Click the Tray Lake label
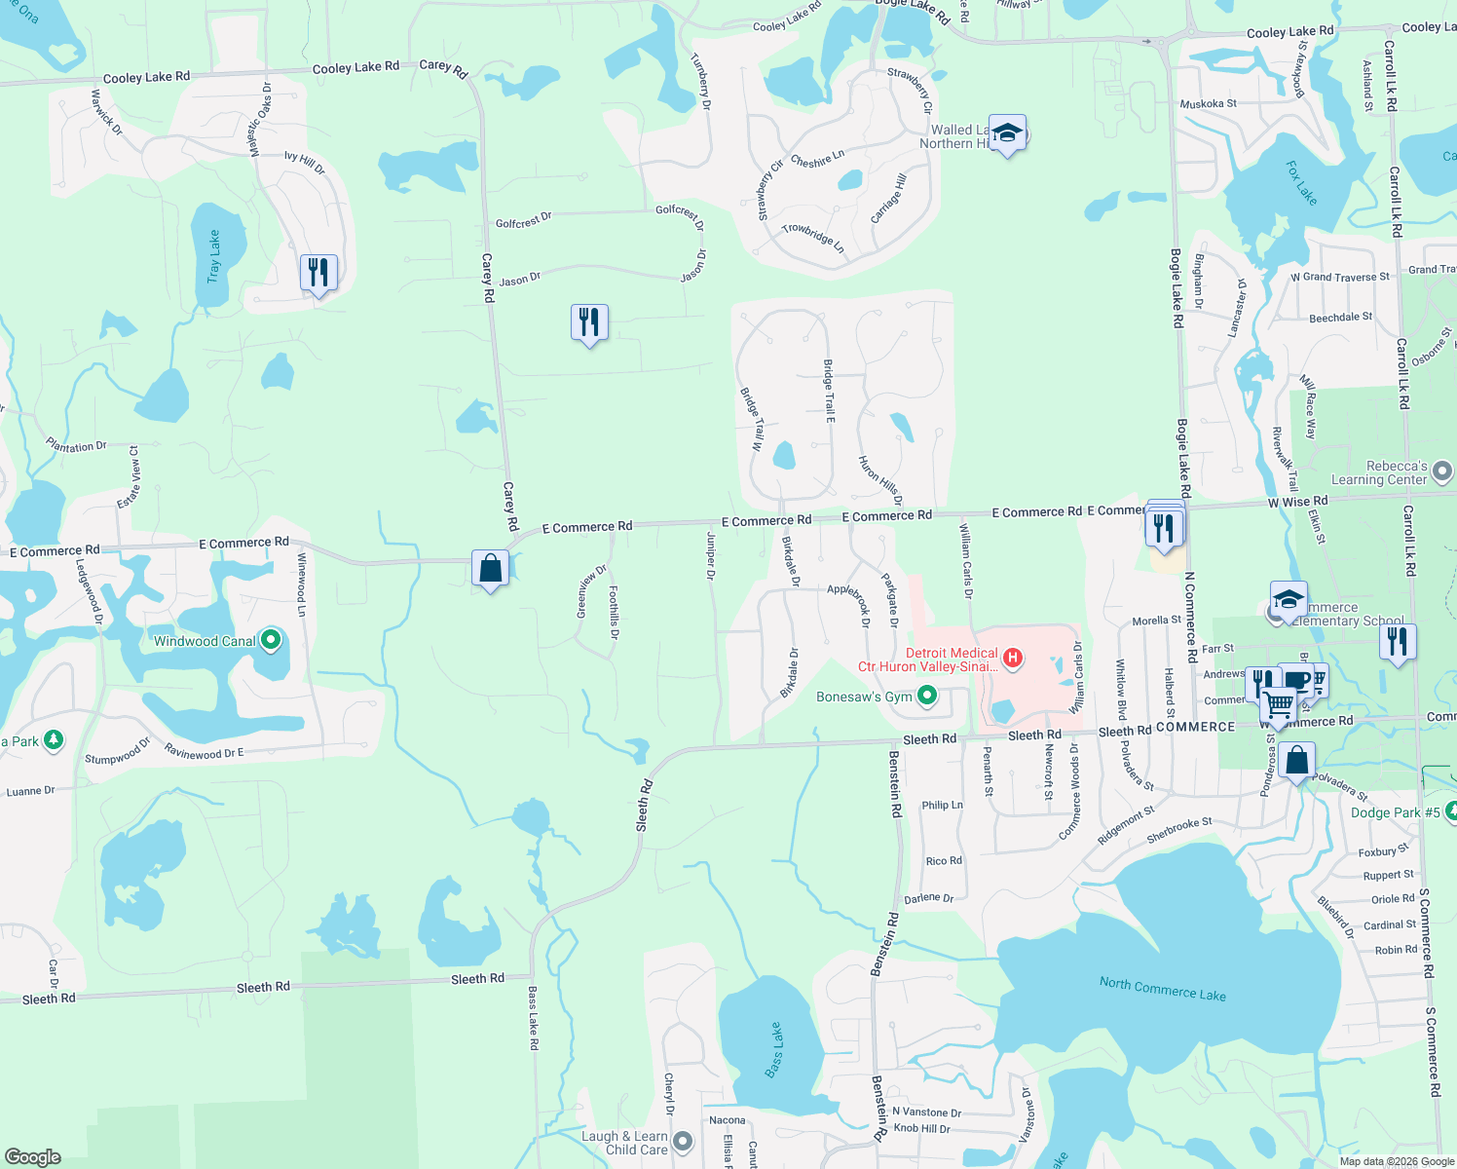pos(214,257)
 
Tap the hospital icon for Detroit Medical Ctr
pos(1013,659)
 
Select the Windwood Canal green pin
pos(271,640)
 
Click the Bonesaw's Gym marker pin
pos(927,696)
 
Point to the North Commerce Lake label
pos(1162,989)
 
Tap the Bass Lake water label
pos(774,1050)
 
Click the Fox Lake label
pos(1301,182)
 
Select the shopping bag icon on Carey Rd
pos(490,568)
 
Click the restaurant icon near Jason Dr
pos(589,322)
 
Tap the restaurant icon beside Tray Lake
pos(318,273)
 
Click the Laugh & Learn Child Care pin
pos(683,1141)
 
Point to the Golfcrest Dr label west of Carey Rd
pos(523,220)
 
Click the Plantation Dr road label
pos(76,445)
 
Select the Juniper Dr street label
pos(711,556)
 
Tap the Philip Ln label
pos(942,806)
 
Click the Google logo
pos(32,1156)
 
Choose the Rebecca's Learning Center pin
pos(1442,472)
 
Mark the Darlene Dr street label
pos(928,898)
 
